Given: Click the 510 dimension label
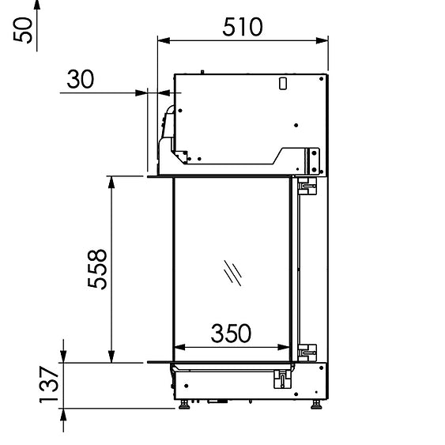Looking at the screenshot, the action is click(x=243, y=27).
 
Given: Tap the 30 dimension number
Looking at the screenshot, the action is click(x=81, y=79).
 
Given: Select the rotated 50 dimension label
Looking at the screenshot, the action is click(x=23, y=30).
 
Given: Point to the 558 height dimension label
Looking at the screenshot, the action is click(x=97, y=269).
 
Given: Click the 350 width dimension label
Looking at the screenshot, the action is click(x=231, y=334).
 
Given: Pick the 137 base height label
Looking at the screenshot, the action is click(x=49, y=384).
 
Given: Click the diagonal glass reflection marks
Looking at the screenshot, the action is click(x=232, y=273).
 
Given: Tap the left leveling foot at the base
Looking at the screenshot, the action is click(x=184, y=404).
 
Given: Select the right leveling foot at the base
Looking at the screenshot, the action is click(x=316, y=404).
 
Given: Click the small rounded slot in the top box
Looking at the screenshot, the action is click(x=283, y=84).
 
